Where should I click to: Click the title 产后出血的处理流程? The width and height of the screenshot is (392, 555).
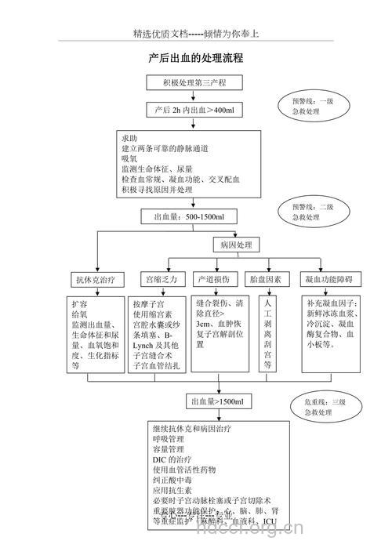[x=195, y=58]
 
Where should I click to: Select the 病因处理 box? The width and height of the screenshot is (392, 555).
[x=234, y=245]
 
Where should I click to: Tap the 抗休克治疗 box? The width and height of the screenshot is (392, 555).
[x=95, y=279]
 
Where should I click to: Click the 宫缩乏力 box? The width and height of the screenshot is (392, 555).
[x=159, y=279]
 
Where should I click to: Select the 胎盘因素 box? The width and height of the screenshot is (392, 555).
[x=266, y=279]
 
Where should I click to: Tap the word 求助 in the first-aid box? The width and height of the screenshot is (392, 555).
[x=129, y=137]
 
